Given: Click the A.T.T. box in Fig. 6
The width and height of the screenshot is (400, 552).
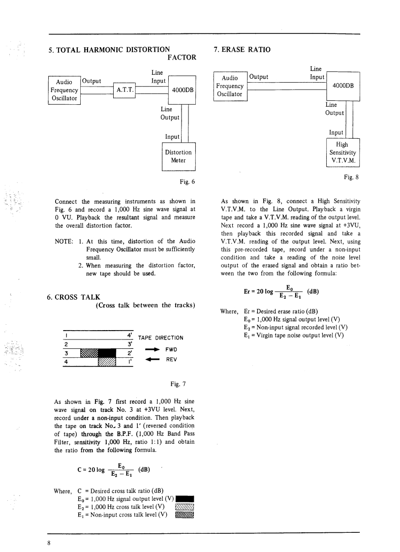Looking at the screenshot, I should coord(124,90).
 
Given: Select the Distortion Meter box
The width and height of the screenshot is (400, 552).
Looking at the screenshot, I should coord(179,156).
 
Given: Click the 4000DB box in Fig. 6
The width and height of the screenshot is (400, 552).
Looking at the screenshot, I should coord(182,90).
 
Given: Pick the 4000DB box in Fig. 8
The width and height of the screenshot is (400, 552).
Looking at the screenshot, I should coord(343,86).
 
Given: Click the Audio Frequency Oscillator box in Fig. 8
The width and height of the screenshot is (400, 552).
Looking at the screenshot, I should coord(230,86).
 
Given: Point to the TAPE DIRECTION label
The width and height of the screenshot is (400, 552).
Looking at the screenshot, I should coord(160,338).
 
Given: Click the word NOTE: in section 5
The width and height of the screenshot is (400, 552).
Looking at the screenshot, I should coord(64,241).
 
